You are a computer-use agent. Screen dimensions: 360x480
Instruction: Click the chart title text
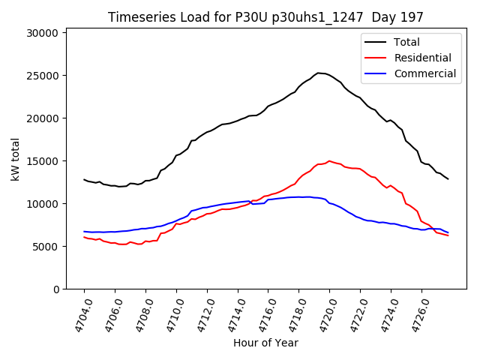coord(265,17)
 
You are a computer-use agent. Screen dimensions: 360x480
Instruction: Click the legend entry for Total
coord(407,42)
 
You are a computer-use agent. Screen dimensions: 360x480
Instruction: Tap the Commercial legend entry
coord(424,73)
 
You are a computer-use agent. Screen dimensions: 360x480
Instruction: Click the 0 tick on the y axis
coord(55,289)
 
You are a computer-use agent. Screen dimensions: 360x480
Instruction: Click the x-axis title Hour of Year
coord(265,343)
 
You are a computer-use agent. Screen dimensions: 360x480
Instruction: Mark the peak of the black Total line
coord(318,73)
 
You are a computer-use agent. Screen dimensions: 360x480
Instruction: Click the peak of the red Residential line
coord(329,160)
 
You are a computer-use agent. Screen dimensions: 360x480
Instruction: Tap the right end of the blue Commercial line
coord(448,232)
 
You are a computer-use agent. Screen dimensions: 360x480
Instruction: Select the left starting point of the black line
coord(84,179)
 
